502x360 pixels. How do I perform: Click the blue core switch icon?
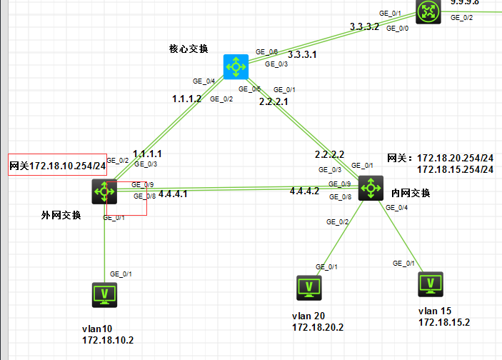(234, 66)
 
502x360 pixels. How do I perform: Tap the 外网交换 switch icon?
(104, 191)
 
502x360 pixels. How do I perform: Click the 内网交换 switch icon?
(371, 188)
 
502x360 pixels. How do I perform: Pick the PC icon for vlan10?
(105, 294)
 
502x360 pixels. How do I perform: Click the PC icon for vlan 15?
(431, 284)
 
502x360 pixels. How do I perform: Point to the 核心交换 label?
(189, 49)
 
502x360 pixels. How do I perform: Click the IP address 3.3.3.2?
(365, 26)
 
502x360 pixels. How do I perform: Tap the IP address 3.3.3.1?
(303, 54)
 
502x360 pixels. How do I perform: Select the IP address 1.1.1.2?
(187, 99)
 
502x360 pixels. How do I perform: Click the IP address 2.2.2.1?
(273, 102)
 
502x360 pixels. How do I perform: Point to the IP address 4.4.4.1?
(173, 194)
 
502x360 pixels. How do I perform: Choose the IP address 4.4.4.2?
(305, 191)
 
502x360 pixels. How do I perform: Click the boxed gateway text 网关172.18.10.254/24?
(57, 166)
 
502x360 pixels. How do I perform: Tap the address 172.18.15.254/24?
(455, 169)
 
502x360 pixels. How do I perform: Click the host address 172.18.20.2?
(318, 327)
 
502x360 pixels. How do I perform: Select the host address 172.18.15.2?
(444, 322)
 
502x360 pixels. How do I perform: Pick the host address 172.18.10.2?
(108, 340)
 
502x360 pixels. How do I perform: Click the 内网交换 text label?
(411, 193)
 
